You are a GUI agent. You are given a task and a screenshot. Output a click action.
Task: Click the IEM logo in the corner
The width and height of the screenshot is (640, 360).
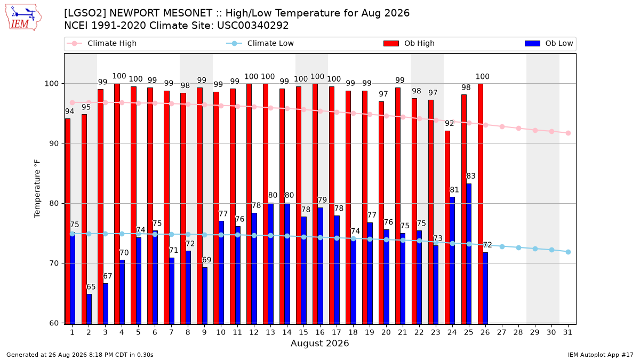[23, 18]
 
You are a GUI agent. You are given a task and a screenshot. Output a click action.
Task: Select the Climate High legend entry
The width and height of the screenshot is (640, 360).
[101, 43]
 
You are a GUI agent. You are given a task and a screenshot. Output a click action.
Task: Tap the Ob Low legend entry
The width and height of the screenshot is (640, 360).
[549, 43]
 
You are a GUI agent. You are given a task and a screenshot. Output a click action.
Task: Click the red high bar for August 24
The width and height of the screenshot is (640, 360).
[447, 227]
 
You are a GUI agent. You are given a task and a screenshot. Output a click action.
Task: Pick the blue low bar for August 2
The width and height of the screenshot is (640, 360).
[89, 309]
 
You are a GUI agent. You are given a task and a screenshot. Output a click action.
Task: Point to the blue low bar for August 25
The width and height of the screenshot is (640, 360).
[469, 254]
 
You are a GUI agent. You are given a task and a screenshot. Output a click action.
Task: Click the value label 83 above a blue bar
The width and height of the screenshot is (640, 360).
[471, 176]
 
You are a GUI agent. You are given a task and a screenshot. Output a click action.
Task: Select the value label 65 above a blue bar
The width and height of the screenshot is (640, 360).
[91, 287]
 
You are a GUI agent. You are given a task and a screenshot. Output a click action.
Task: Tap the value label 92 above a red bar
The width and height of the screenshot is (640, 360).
[450, 123]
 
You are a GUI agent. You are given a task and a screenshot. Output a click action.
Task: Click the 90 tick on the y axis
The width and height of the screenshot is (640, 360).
[54, 143]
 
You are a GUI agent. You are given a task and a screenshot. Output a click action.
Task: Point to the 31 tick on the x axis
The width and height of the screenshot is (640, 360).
[567, 332]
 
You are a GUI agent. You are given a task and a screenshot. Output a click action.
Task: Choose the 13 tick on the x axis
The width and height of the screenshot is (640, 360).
[270, 332]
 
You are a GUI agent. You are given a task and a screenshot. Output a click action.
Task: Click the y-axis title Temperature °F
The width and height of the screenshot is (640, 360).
[37, 189]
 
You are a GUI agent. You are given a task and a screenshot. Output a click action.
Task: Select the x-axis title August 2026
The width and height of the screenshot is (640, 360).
[319, 343]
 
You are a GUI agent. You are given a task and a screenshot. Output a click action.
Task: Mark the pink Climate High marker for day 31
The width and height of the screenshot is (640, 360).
[568, 133]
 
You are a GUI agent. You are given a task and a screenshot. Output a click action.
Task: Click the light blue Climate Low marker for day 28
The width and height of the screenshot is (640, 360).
[518, 247]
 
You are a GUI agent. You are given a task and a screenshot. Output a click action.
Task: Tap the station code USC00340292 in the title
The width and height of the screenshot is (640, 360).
[253, 26]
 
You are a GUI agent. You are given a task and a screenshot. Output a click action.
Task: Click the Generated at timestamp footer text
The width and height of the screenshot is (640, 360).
[79, 355]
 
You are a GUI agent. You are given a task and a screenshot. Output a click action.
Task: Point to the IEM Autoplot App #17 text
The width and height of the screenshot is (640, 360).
[601, 355]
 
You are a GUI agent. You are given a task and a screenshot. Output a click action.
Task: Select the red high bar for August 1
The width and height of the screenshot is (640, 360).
[68, 221]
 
